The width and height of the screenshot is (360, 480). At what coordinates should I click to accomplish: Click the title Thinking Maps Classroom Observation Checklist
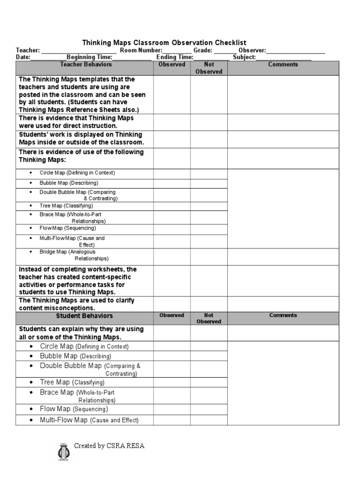coord(164,43)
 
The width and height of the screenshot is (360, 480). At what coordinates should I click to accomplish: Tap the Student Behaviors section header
coord(84,316)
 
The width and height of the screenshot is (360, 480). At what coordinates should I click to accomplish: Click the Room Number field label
coord(141,50)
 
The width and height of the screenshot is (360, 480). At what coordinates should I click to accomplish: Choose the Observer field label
coord(252,50)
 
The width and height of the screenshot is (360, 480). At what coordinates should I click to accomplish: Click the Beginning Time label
coord(89,57)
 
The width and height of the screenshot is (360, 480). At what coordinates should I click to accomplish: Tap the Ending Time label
coord(175,57)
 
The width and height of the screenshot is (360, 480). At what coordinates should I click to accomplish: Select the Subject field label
coord(244,57)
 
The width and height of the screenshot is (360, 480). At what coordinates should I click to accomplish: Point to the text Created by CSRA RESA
coord(109,446)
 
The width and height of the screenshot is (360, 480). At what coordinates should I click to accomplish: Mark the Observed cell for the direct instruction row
coord(172,122)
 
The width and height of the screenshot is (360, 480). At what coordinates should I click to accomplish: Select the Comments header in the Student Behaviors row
coord(283,315)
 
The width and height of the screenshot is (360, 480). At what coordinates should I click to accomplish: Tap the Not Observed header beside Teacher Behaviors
coord(209,68)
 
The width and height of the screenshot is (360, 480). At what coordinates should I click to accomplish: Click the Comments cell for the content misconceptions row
coord(283,304)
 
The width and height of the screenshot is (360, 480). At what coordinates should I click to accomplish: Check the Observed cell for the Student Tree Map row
coord(172,382)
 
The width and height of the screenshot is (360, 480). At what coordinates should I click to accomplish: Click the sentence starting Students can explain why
coord(81,333)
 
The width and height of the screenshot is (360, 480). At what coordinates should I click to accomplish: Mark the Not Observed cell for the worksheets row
coord(209,280)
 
